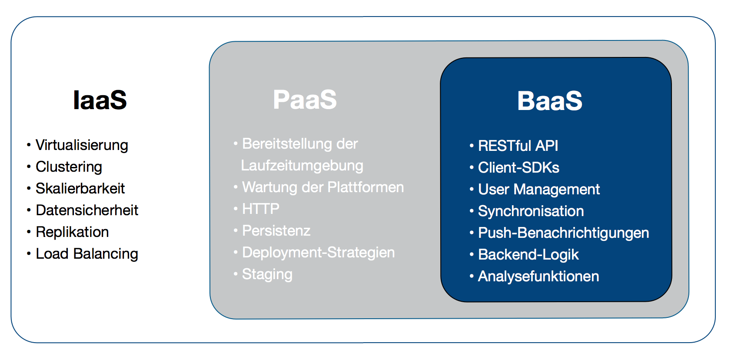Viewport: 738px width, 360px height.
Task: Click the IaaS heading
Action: [100, 100]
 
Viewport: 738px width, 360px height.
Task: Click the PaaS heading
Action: [305, 100]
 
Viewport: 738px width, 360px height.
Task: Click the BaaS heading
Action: [549, 101]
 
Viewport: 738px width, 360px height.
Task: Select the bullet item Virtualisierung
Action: [82, 145]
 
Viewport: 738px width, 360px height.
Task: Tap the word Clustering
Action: [69, 167]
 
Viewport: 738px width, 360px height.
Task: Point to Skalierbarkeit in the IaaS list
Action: [80, 188]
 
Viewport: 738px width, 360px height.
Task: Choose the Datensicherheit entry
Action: [86, 210]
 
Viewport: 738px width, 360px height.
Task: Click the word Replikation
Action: [72, 232]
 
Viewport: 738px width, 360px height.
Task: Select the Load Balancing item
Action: [86, 253]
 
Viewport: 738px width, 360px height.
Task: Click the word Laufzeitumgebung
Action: [302, 166]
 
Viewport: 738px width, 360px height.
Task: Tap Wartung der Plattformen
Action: [322, 187]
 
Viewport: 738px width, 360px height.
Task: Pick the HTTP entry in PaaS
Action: [260, 209]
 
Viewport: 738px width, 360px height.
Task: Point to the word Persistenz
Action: [276, 231]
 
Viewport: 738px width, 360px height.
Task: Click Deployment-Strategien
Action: [318, 253]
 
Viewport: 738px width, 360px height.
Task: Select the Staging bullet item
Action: [267, 274]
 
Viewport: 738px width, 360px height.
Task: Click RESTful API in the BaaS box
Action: [518, 146]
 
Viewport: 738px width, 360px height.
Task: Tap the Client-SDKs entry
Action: [519, 167]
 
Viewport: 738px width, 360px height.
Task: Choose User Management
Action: [539, 189]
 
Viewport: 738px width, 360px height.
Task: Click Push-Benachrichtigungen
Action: [563, 233]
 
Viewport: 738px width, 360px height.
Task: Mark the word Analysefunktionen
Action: [538, 276]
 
